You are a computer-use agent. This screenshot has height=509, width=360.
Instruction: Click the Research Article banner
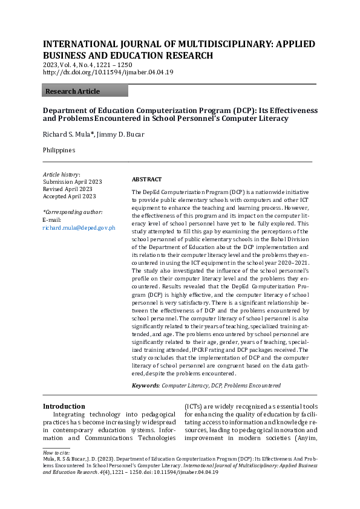[x=85, y=91]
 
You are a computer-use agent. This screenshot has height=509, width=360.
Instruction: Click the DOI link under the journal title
[x=108, y=73]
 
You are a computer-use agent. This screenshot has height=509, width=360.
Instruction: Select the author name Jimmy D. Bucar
[x=123, y=134]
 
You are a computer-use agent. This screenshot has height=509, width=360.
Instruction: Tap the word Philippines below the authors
[x=59, y=149]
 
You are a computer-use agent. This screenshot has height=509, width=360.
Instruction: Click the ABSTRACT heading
[x=146, y=180]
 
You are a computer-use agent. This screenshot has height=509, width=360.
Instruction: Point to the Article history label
[x=61, y=174]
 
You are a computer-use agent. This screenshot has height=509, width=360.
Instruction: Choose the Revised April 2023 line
[x=68, y=189]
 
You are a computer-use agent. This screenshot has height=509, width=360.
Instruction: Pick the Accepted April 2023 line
[x=70, y=196]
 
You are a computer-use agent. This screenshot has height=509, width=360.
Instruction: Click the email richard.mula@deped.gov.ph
[x=79, y=227]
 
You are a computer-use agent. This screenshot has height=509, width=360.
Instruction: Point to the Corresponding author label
[x=73, y=212]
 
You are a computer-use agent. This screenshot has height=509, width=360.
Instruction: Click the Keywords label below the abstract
[x=146, y=385]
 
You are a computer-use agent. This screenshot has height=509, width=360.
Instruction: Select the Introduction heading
[x=64, y=406]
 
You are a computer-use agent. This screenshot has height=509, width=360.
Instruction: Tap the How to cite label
[x=56, y=452]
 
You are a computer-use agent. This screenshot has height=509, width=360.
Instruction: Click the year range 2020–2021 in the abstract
[x=292, y=263]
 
